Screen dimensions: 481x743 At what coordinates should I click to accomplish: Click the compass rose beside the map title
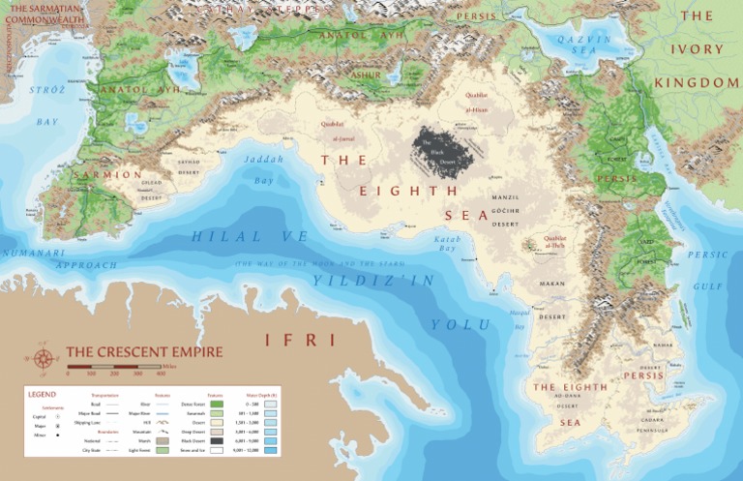click(44, 358)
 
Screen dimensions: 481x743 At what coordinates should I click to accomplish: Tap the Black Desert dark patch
click(444, 149)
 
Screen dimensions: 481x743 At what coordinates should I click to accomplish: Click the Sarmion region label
click(108, 175)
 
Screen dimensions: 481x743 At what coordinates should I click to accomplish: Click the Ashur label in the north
click(367, 75)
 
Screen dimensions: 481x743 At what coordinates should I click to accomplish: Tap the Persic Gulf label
click(707, 270)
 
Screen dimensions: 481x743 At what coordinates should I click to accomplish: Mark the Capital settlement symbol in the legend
click(58, 415)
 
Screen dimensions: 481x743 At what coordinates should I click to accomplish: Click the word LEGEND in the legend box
click(42, 394)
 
